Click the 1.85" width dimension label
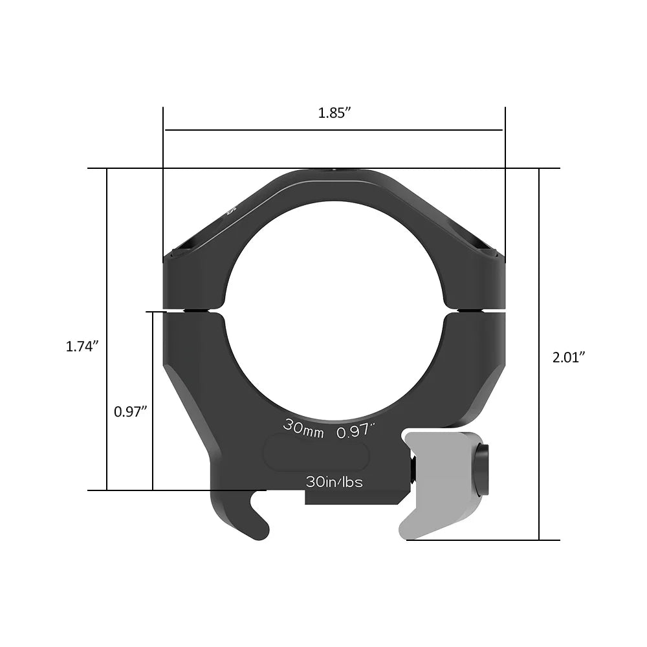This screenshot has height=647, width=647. point(334,113)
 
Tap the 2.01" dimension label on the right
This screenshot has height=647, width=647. point(569,356)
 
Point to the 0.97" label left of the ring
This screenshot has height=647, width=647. point(131,411)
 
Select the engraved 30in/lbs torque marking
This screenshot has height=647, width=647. point(334,482)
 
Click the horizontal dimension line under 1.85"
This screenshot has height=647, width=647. point(334,130)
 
